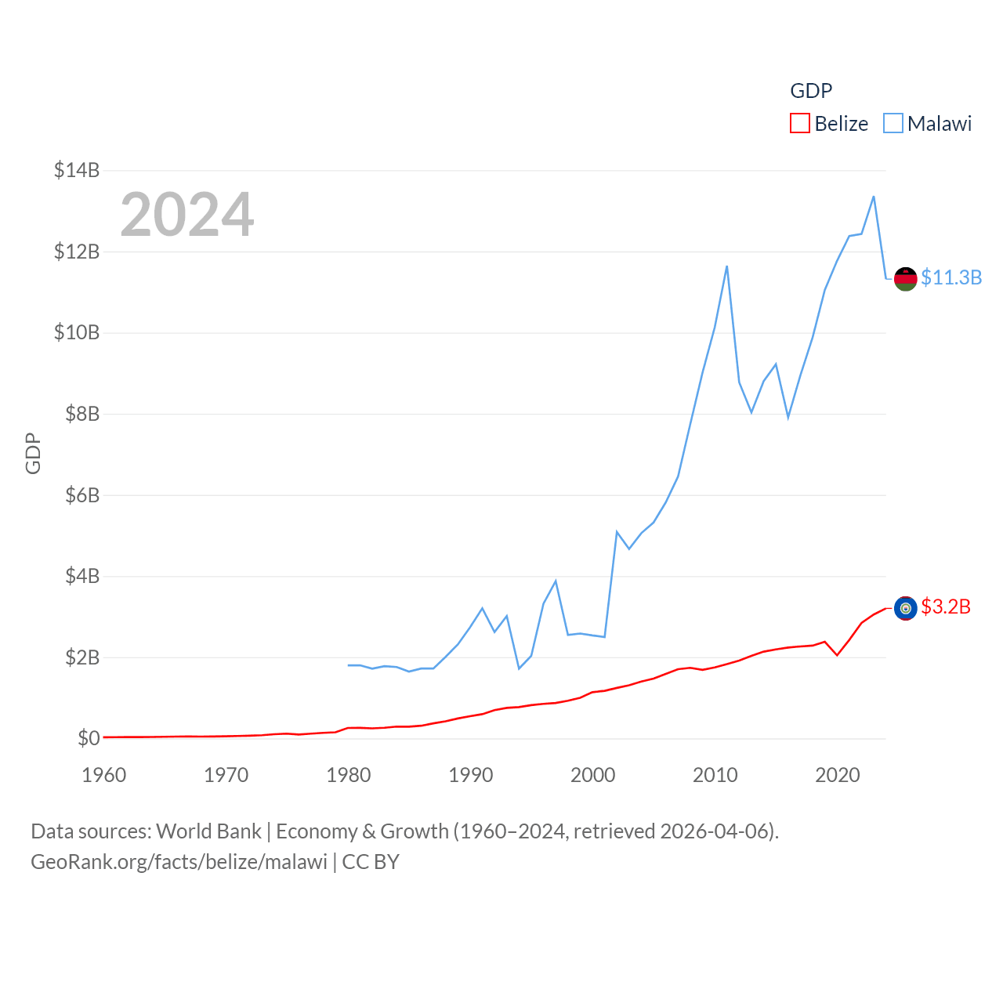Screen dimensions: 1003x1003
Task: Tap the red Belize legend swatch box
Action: point(799,124)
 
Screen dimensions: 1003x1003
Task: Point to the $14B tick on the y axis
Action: point(77,170)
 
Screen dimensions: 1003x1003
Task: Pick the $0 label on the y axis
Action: point(89,738)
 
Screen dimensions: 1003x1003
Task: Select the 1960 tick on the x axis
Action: point(104,775)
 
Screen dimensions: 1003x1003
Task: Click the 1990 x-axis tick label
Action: point(471,775)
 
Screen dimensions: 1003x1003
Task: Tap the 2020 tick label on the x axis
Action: point(838,775)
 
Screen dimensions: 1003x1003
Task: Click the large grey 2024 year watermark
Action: point(187,215)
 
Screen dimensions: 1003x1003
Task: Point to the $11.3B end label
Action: point(951,277)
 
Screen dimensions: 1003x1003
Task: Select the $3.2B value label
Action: point(946,607)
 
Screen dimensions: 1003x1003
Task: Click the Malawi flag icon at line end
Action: point(906,278)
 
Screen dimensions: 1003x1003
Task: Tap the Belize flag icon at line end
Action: point(906,608)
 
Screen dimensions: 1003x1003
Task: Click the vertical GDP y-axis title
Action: point(33,453)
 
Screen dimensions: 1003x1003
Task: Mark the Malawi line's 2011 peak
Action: point(727,266)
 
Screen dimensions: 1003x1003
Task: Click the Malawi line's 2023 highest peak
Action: point(874,197)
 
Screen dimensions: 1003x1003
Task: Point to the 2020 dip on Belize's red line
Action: point(838,655)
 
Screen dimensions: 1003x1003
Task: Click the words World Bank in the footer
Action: point(208,831)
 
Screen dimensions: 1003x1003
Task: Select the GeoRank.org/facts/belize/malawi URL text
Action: point(179,862)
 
